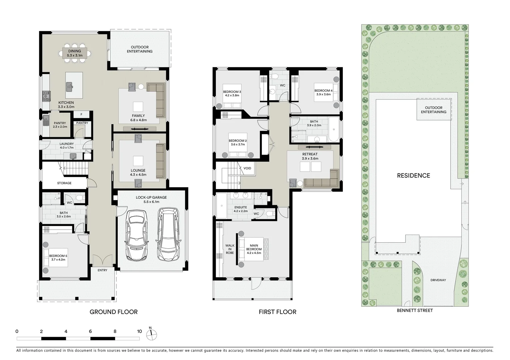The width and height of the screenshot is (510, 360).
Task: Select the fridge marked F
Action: click(x=81, y=114)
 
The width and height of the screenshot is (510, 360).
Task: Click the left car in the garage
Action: click(x=136, y=235)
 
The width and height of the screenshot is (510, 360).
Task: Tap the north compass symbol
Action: click(x=151, y=334)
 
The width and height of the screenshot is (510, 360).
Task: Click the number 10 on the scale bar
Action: click(x=139, y=331)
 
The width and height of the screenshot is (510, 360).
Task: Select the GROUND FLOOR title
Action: click(x=113, y=312)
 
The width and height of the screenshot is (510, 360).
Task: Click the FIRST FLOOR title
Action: click(x=277, y=312)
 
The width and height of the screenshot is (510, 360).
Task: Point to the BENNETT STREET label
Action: click(x=415, y=310)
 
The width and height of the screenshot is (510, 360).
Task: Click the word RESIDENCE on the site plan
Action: click(x=413, y=176)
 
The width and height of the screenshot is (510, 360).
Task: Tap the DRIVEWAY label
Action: click(x=438, y=280)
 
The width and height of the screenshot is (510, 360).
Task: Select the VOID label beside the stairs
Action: click(x=247, y=168)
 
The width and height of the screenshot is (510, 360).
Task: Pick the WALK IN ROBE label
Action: click(x=230, y=249)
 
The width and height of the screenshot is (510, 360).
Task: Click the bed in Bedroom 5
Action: click(x=55, y=258)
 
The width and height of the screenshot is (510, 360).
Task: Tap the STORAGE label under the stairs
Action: click(x=64, y=183)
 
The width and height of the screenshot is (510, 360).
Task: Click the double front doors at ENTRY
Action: click(x=102, y=261)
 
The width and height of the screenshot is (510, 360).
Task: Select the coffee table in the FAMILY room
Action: click(x=138, y=107)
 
